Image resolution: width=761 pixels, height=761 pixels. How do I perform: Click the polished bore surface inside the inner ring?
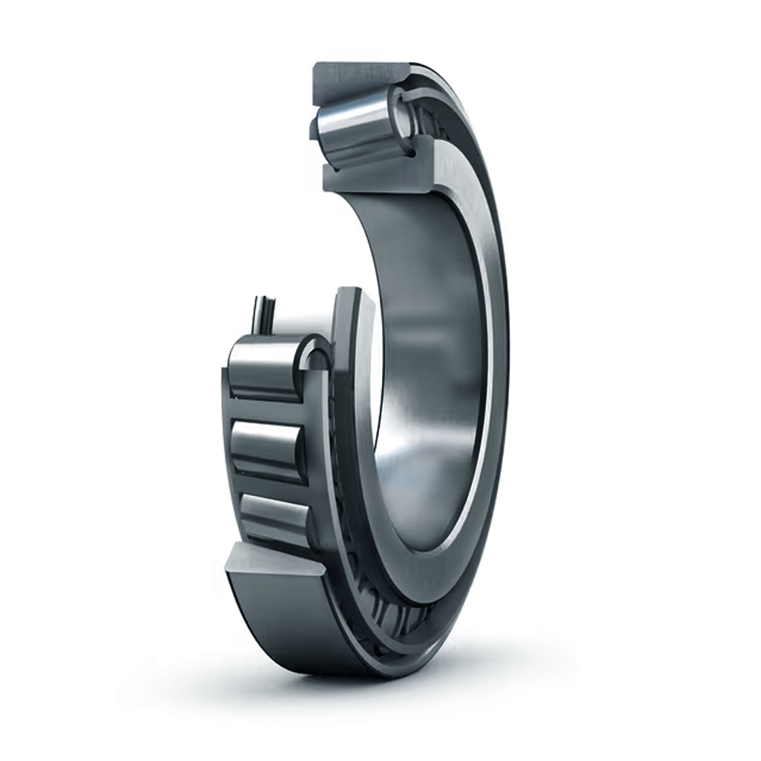coord(426,380)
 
